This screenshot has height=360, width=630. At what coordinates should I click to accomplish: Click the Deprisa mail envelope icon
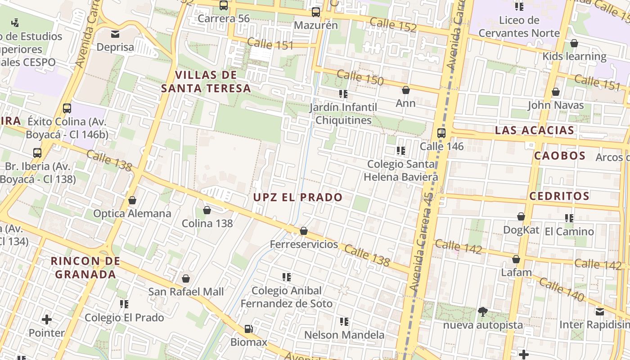coord(115,34)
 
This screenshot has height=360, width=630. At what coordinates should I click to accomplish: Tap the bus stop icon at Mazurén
coord(316,12)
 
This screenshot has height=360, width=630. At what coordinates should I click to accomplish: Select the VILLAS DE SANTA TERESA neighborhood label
coord(206,81)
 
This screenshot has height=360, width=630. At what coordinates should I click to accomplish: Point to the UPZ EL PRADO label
coord(297,197)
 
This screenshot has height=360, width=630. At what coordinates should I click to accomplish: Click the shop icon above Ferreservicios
coord(304,231)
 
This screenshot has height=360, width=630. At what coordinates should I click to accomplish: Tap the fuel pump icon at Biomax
coord(248,329)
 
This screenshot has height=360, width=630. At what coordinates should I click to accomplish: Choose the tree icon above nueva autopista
coord(483,311)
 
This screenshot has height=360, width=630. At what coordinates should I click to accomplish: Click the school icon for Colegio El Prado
coord(124,304)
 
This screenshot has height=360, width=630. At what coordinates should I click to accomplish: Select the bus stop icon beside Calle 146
coord(441,133)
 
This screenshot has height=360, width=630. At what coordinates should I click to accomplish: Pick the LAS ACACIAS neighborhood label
coord(535,130)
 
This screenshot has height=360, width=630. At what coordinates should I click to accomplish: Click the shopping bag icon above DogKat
coord(521,216)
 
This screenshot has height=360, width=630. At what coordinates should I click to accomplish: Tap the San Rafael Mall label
coord(186,292)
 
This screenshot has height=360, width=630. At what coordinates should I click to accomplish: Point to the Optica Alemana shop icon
coord(132,200)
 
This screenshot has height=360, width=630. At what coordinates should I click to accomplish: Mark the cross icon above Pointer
coord(47,320)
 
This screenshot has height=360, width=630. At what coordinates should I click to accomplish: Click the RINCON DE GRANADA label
coord(85,267)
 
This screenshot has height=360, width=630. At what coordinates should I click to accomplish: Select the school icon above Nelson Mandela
coord(344,322)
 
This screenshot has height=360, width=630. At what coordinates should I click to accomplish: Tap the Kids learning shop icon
coord(574,43)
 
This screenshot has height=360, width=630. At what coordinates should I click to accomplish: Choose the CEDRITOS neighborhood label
coord(559,196)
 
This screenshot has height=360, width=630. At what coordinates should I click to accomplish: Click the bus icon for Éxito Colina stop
coord(67,108)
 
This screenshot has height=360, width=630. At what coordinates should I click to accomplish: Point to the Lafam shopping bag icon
coord(516,259)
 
